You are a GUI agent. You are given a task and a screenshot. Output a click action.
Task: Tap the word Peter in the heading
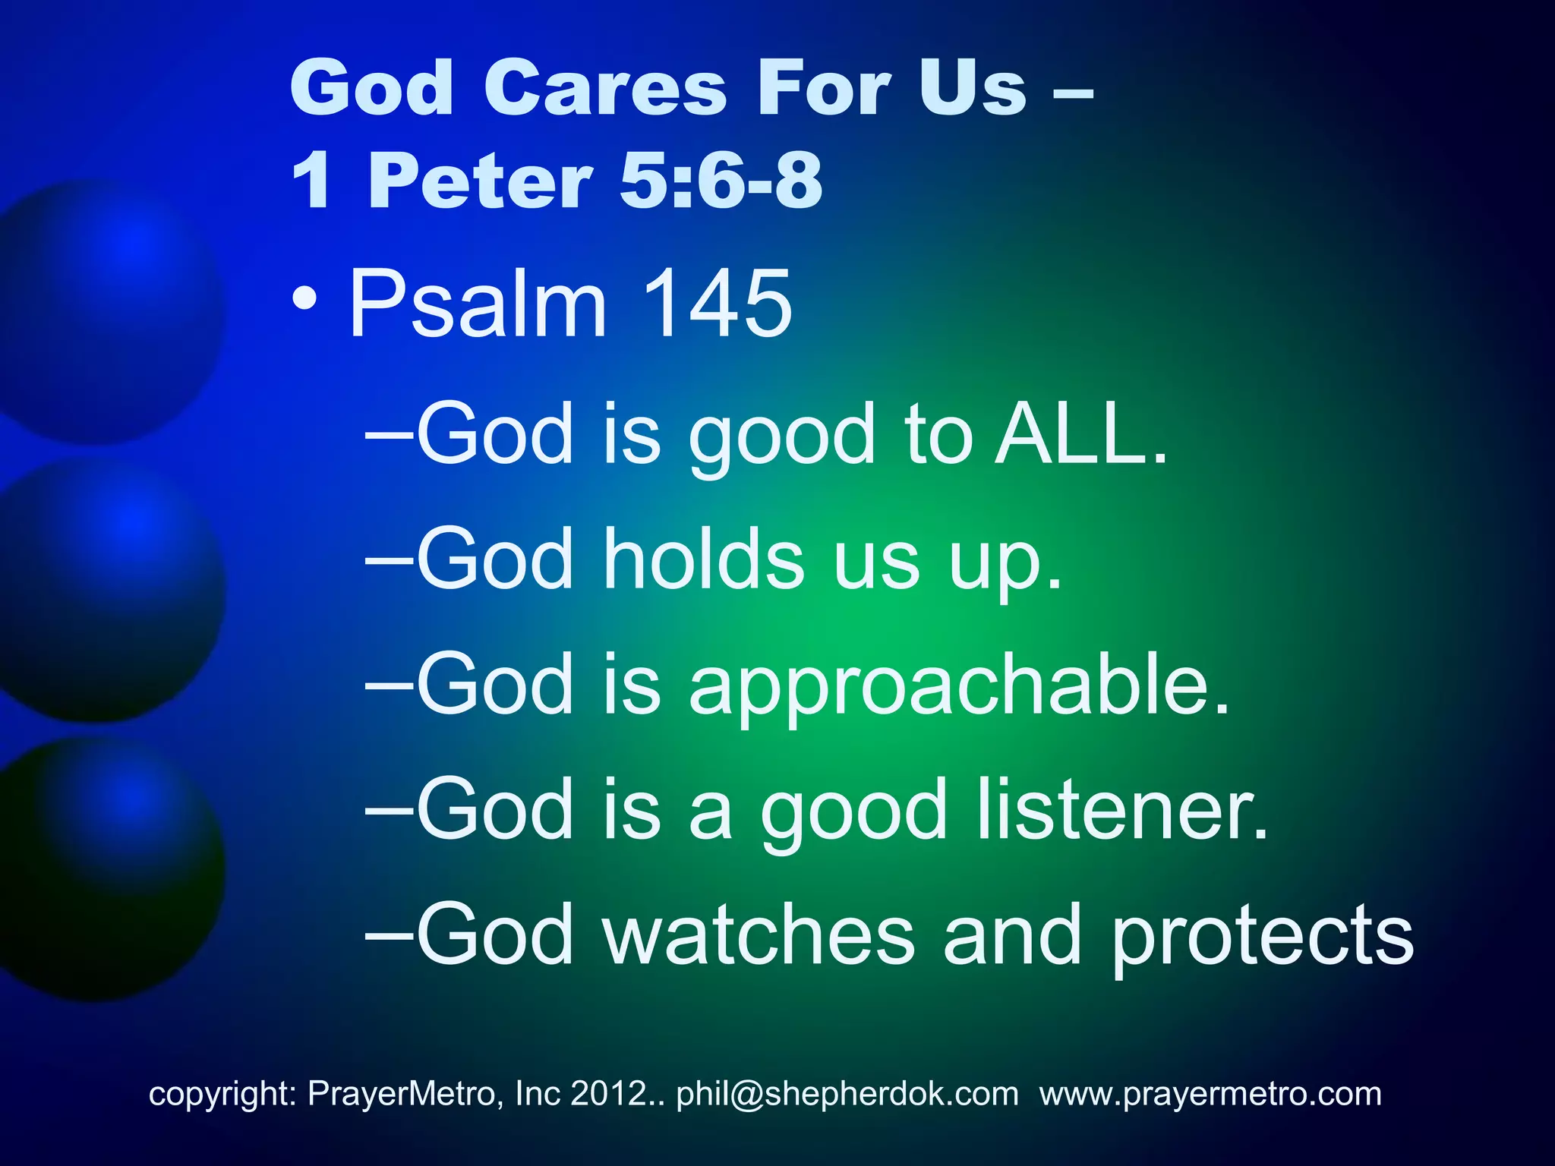480,181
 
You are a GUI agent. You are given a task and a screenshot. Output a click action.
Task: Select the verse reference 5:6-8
721,181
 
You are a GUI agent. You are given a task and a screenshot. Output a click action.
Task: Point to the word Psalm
478,305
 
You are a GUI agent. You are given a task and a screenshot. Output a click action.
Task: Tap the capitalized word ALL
1081,433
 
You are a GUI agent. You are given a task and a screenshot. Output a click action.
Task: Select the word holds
703,559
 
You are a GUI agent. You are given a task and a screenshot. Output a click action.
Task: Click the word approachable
958,687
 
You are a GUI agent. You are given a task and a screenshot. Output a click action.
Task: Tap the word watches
759,935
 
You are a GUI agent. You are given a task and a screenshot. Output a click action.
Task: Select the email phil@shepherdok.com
847,1094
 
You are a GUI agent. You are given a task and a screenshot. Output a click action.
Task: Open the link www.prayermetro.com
1210,1094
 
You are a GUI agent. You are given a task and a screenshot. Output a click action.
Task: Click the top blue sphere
106,311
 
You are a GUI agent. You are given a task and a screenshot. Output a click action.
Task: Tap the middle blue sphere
106,588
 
